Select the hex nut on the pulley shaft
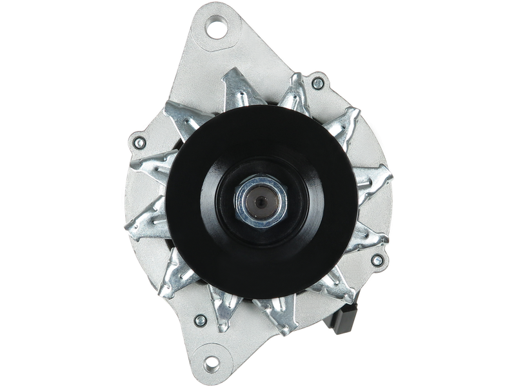[x=263, y=201]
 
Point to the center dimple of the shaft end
[x=263, y=202]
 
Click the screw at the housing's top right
[x=317, y=83]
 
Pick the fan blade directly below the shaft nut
[x=271, y=316]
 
